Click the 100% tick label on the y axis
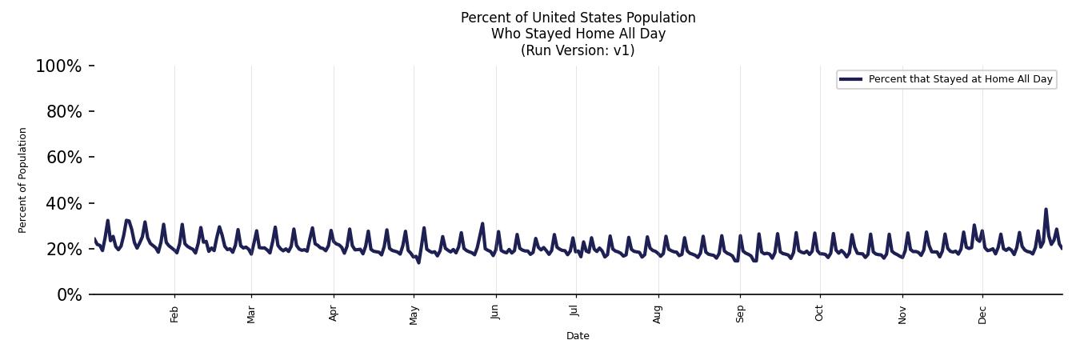pos(58,66)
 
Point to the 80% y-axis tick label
pos(63,112)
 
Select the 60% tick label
pos(63,158)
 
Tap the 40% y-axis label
pos(63,204)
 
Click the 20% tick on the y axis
pos(63,250)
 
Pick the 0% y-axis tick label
pos(68,295)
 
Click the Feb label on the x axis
pos(175,314)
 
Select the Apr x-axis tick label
pos(334,314)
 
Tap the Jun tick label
pos(496,312)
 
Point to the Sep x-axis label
pos(740,314)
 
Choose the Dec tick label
pos(982,314)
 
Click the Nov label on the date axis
pos(902,314)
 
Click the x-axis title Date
pos(578,336)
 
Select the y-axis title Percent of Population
pos(23,180)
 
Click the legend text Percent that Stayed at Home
pos(960,79)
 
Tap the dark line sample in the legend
pos(850,79)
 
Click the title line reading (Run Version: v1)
pos(578,50)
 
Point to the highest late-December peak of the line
pos(1046,210)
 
